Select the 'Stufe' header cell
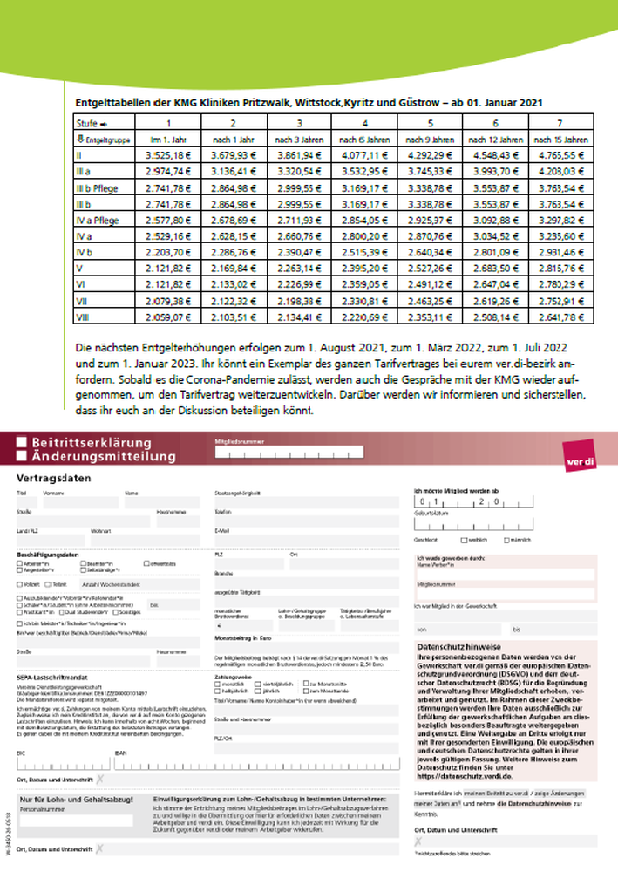point(92,123)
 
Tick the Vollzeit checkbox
point(21,583)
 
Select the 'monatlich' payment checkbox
point(218,684)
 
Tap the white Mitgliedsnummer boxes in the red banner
point(288,453)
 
